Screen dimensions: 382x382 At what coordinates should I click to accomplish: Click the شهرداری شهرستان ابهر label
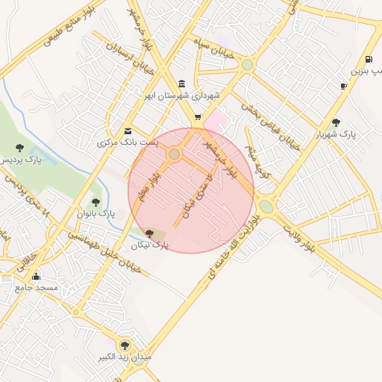[x=184, y=95]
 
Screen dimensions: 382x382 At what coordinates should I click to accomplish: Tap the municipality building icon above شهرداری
[x=183, y=83]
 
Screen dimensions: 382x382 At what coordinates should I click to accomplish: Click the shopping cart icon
[x=198, y=116]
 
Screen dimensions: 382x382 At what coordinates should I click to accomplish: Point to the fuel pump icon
[x=369, y=60]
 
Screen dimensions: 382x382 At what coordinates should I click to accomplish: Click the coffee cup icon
[x=343, y=86]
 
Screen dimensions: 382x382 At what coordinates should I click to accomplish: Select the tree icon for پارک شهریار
[x=336, y=122]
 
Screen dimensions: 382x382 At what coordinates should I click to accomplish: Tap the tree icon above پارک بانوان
[x=95, y=201]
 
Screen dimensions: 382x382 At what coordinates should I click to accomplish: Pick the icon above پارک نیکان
[x=150, y=234]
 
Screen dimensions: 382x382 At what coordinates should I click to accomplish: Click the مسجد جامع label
[x=37, y=287]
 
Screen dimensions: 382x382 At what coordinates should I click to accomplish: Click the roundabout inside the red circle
[x=175, y=154]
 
